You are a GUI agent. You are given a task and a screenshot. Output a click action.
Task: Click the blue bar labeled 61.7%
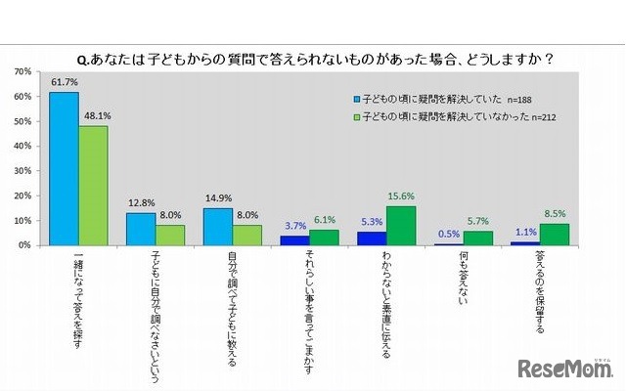tap(65, 168)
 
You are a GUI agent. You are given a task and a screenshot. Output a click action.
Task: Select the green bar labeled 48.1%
tap(94, 186)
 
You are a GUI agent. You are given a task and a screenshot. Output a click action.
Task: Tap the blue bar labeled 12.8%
tap(141, 229)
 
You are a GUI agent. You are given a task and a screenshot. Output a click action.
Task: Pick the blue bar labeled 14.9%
tap(217, 227)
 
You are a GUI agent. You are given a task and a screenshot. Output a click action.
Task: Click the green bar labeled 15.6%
tap(401, 226)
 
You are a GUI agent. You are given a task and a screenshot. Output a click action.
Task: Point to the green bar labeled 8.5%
tap(555, 235)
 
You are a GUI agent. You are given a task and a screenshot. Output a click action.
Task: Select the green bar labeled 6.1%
tap(325, 238)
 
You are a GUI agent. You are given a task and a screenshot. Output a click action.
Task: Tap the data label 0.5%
tap(448, 234)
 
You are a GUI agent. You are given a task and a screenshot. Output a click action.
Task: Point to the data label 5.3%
tap(371, 222)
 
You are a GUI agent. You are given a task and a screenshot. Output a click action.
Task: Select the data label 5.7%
tap(478, 221)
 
